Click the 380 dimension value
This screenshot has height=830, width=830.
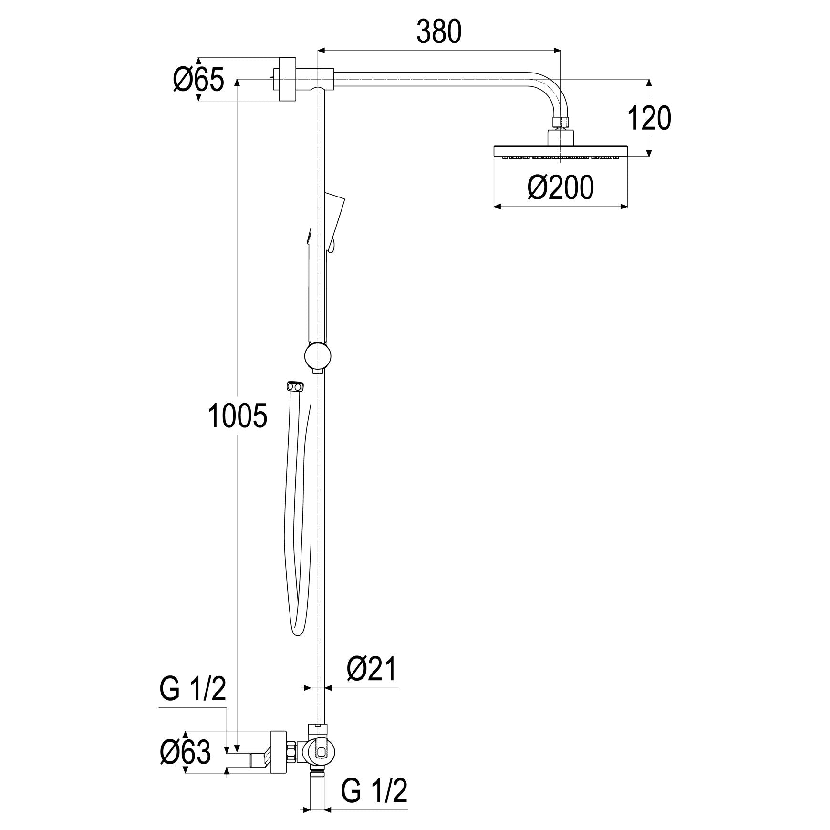[x=439, y=32]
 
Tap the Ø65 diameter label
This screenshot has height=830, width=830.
[x=198, y=80]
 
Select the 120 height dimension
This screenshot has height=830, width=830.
[x=649, y=119]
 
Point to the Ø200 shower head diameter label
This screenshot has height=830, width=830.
[x=560, y=187]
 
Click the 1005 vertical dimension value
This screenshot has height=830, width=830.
[x=238, y=415]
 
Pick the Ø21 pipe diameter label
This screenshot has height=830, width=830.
[x=372, y=669]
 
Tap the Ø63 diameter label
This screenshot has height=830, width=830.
[x=186, y=753]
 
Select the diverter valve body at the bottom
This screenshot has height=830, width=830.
[x=318, y=753]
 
